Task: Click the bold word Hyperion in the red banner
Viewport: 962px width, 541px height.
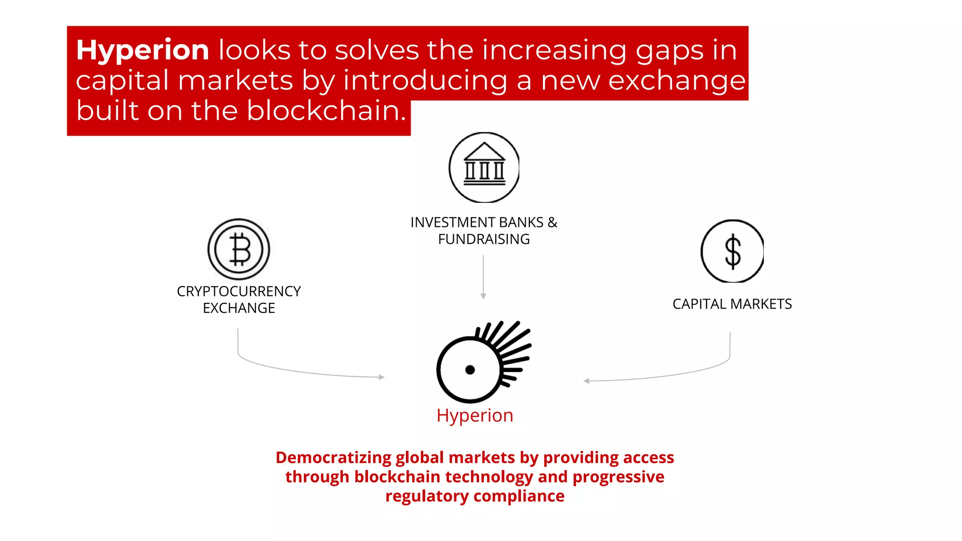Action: [142, 50]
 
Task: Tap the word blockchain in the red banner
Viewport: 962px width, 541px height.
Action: [326, 111]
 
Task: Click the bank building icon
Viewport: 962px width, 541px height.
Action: [484, 167]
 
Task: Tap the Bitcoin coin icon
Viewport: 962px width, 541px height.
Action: [239, 249]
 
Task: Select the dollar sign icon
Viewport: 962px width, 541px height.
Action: [732, 251]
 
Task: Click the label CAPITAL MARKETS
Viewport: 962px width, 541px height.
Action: [732, 304]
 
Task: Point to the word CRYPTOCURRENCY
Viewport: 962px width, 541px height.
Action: [239, 291]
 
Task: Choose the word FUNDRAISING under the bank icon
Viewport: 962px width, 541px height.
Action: [484, 239]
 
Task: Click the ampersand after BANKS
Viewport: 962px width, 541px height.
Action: [552, 222]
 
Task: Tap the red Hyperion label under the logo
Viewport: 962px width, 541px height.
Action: [475, 416]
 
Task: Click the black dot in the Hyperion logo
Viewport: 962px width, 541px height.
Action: [470, 370]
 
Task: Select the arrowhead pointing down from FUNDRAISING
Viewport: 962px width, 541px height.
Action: [483, 296]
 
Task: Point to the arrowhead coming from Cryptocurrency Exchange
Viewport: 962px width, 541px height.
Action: [382, 377]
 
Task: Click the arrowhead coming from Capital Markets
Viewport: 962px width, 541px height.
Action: [586, 381]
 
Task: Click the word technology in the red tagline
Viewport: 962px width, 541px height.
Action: [489, 477]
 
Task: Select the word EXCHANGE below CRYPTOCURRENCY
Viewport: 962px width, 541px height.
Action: [239, 308]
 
